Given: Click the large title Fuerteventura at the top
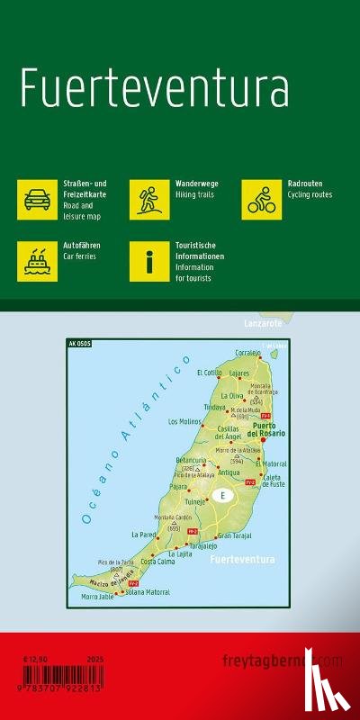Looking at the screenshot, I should point(155,89).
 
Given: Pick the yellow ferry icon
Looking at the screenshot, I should point(37,261).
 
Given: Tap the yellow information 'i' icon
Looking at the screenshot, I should point(148,261).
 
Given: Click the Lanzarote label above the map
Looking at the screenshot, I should point(263,322).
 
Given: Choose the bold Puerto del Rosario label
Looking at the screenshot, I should point(267,429).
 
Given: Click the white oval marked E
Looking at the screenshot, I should point(220,496).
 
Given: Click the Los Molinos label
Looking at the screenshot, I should point(184,421).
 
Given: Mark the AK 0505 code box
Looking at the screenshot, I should point(79,343).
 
